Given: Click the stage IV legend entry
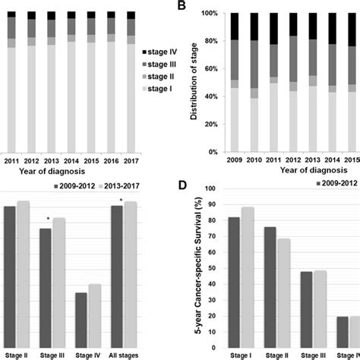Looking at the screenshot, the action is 159,52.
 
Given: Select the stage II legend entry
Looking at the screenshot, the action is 158,77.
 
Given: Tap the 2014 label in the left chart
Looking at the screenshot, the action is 71,161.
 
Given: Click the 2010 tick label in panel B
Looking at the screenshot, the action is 254,160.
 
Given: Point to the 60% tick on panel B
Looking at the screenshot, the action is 210,69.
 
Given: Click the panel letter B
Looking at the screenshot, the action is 182,5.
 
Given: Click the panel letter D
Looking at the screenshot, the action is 182,185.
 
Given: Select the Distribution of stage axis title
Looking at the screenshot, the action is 194,81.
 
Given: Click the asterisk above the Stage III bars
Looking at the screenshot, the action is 48,218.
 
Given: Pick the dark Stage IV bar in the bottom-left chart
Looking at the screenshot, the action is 81,321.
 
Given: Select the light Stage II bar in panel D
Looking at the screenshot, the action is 283,293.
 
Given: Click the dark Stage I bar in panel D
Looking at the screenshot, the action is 234,283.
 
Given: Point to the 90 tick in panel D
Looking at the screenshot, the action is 212,204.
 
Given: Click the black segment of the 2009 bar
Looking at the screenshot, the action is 235,27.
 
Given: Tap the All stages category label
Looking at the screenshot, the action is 124,355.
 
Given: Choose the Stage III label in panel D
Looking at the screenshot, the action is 313,355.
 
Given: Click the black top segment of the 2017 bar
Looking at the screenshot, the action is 131,15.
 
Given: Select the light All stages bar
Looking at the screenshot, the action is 131,275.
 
